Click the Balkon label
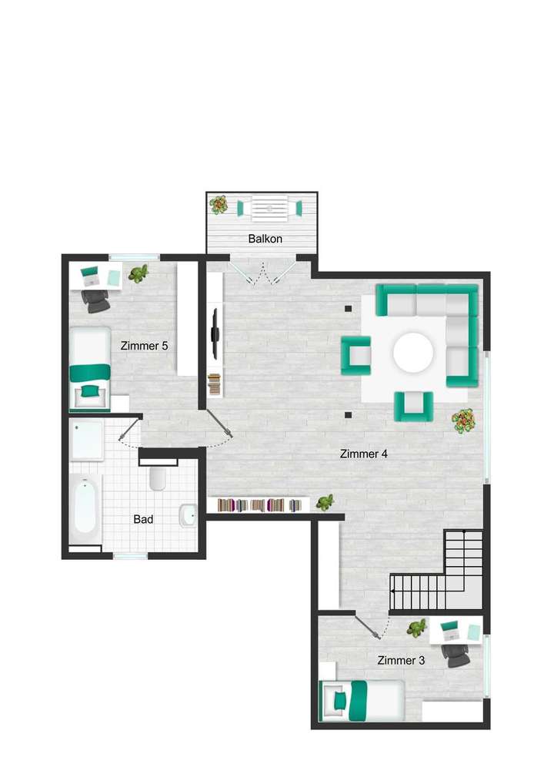tap(265, 239)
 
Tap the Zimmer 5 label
tap(144, 346)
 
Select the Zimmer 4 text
tap(363, 454)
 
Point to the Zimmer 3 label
tap(400, 660)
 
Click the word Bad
tap(143, 519)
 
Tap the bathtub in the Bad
tap(85, 509)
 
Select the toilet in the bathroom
tap(158, 477)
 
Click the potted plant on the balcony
tap(219, 205)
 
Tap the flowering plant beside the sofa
tap(463, 420)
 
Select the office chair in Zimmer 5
tap(96, 301)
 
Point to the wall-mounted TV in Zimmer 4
tap(216, 333)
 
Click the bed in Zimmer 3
tap(362, 700)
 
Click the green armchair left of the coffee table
tap(356, 355)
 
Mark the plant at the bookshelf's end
tap(325, 503)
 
